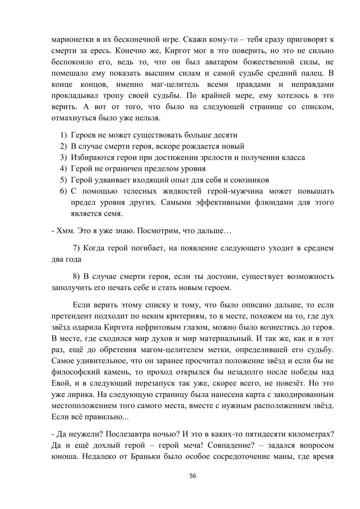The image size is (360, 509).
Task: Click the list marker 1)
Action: point(63,135)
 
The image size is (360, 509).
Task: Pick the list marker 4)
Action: point(63,168)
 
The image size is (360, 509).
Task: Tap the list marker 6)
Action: point(63,191)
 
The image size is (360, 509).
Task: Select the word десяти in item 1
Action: point(225,135)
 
